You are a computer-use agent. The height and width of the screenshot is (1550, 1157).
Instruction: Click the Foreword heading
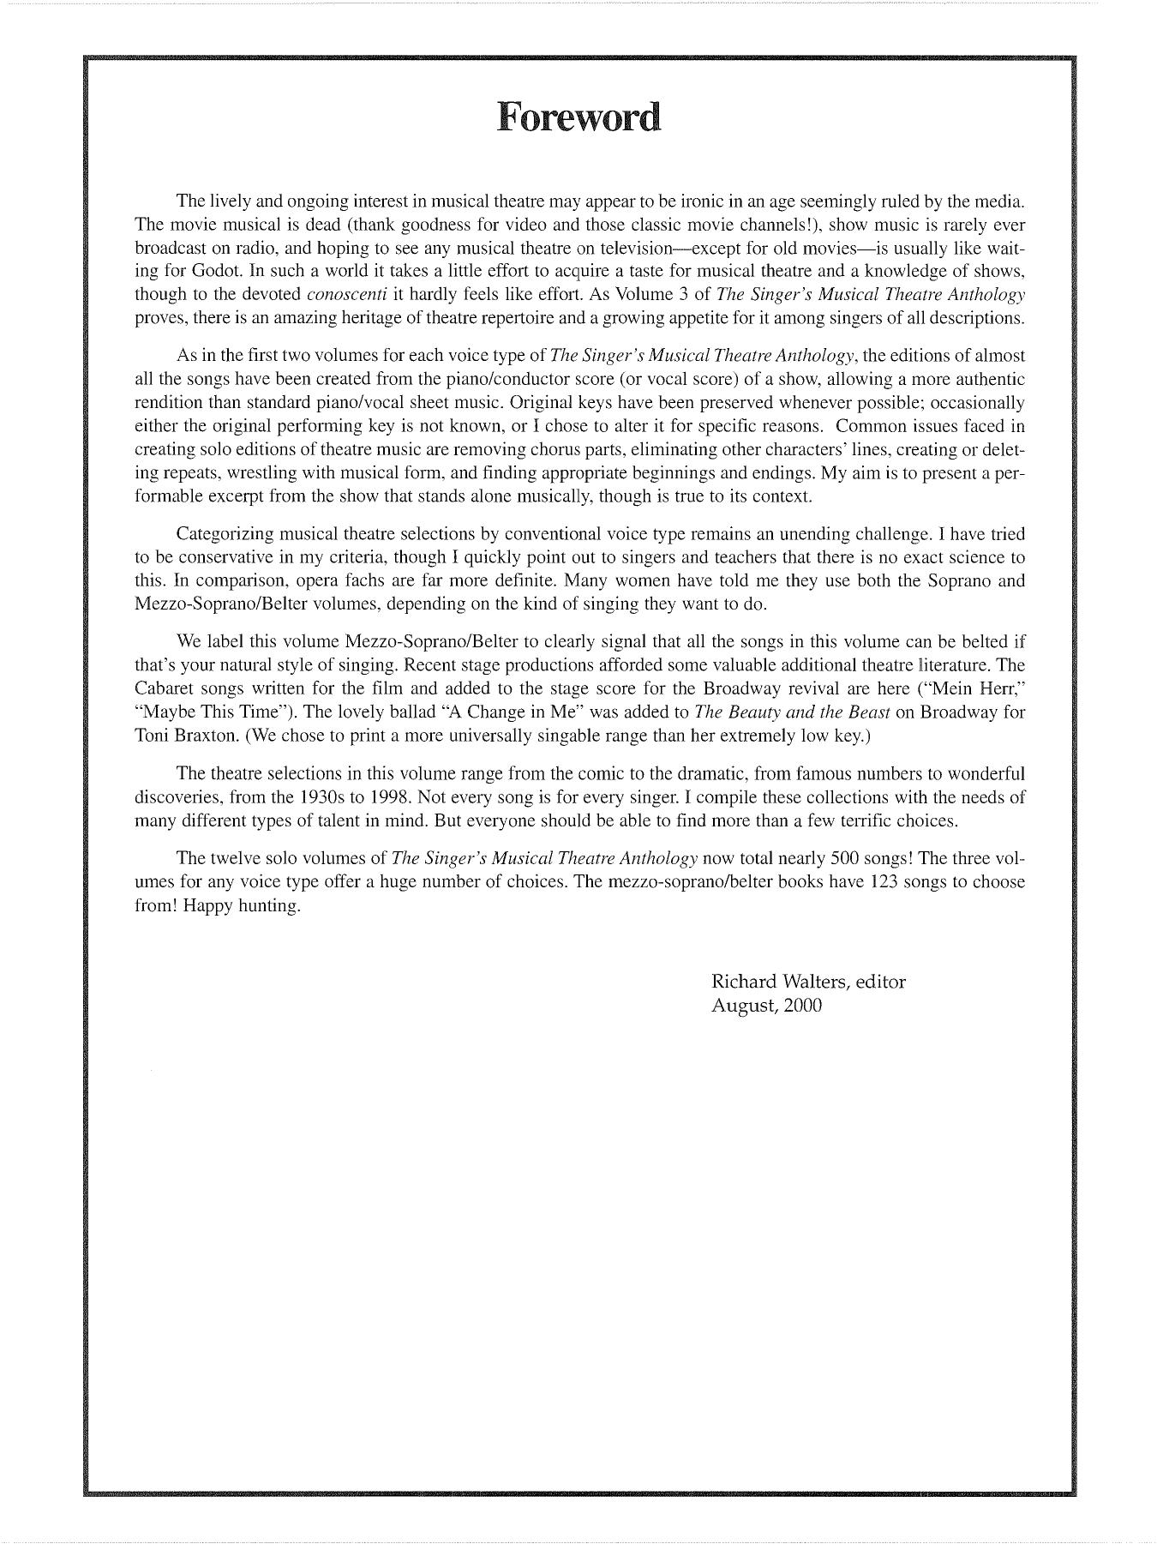578,117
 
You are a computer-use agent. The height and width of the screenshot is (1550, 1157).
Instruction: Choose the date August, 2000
766,1006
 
